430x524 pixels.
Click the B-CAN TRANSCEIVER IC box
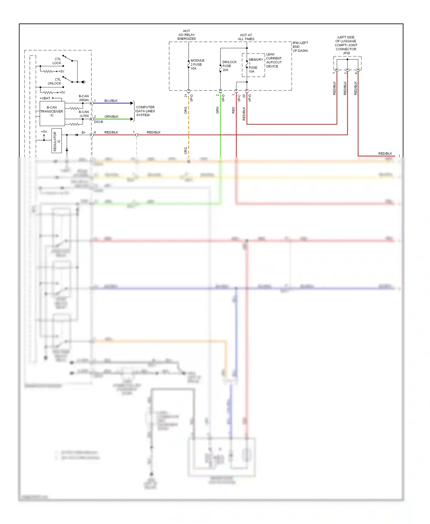[x=52, y=113]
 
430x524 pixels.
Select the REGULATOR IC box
[x=56, y=141]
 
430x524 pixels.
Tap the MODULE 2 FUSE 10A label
[x=197, y=64]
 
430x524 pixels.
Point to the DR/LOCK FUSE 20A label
[x=229, y=66]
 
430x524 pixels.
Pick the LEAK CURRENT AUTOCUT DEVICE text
[x=273, y=60]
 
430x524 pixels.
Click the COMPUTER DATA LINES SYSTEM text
[x=145, y=111]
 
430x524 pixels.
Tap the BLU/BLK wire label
[x=111, y=101]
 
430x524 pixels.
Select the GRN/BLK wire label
[x=111, y=116]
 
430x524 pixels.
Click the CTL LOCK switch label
[x=57, y=61]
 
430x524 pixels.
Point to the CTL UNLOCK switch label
[x=55, y=81]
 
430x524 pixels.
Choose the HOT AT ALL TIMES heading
[x=246, y=37]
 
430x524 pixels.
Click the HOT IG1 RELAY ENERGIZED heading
[x=187, y=35]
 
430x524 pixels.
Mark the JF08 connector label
[x=346, y=53]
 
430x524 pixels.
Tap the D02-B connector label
[x=98, y=122]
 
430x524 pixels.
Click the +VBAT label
[x=45, y=98]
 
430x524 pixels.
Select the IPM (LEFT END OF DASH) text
[x=300, y=47]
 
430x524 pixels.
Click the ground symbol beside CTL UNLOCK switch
[x=84, y=82]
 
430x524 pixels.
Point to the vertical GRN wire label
[x=217, y=110]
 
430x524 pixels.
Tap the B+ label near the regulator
[x=84, y=132]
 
